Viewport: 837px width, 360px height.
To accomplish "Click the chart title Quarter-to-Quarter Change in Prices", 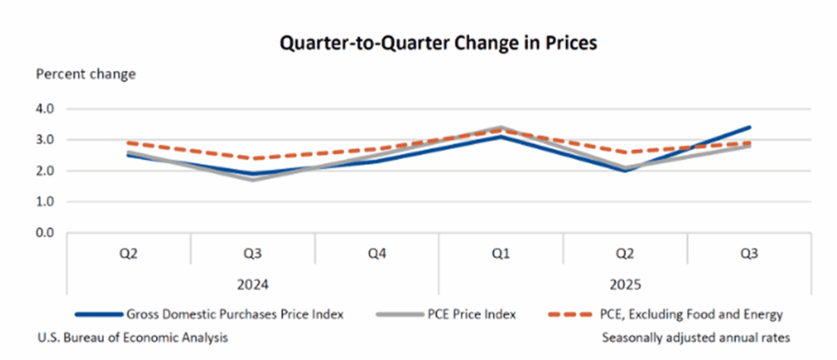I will pos(438,43).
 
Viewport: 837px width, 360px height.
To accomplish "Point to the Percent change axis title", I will pos(86,75).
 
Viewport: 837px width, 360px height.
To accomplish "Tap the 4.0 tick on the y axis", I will pos(46,109).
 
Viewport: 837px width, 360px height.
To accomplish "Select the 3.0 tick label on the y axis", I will pos(46,140).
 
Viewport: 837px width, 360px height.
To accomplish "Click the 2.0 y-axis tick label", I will pos(46,170).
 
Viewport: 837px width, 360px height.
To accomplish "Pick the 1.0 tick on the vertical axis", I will pos(46,202).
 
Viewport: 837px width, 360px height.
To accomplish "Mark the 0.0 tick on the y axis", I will pos(46,232).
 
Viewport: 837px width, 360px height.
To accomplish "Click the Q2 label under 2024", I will pos(129,253).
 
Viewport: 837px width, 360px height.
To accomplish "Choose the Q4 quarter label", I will pos(376,253).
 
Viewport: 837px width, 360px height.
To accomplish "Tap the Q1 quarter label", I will pos(500,253).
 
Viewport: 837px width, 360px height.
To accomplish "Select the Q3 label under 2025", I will pos(748,253).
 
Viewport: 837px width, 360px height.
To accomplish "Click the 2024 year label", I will pos(253,285).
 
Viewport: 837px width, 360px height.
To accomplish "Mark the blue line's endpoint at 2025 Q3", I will pos(749,128).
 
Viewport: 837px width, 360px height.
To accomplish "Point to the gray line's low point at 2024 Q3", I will pos(253,180).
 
